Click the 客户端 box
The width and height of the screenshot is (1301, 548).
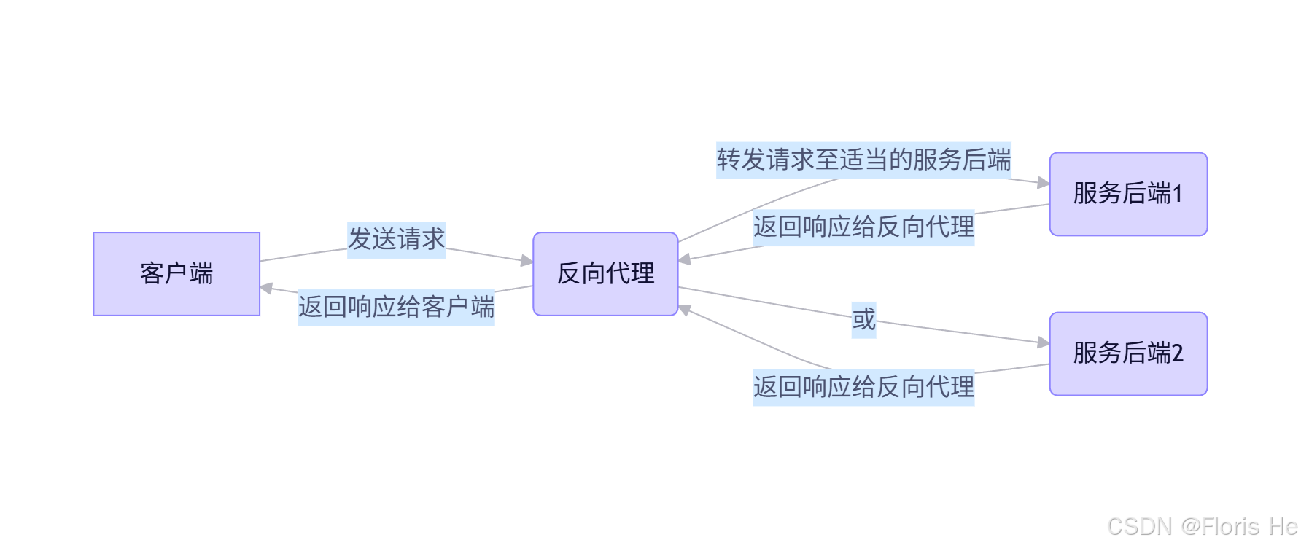[176, 274]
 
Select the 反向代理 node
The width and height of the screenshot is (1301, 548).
[605, 274]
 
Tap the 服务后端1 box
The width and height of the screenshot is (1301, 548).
[1128, 194]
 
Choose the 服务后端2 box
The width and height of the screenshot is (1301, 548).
[1128, 354]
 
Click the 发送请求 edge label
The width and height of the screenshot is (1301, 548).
[396, 239]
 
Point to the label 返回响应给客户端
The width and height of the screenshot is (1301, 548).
[396, 307]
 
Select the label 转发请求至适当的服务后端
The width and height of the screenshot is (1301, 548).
[863, 160]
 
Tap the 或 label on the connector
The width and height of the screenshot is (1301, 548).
[863, 319]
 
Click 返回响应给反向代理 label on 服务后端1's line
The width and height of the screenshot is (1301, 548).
[863, 227]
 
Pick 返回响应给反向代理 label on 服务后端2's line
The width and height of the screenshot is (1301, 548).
[863, 386]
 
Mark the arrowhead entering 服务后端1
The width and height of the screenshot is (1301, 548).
[1043, 183]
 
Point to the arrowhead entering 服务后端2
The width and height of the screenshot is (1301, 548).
[1043, 342]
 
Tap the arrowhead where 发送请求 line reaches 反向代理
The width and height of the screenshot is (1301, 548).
[527, 260]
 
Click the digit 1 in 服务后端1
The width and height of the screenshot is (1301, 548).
[1177, 194]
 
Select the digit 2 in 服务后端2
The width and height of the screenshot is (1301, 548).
[1177, 354]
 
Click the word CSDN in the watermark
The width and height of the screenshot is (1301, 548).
[1139, 526]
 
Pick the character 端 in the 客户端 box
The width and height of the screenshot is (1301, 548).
[201, 274]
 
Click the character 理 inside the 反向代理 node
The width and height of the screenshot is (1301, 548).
[642, 274]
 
